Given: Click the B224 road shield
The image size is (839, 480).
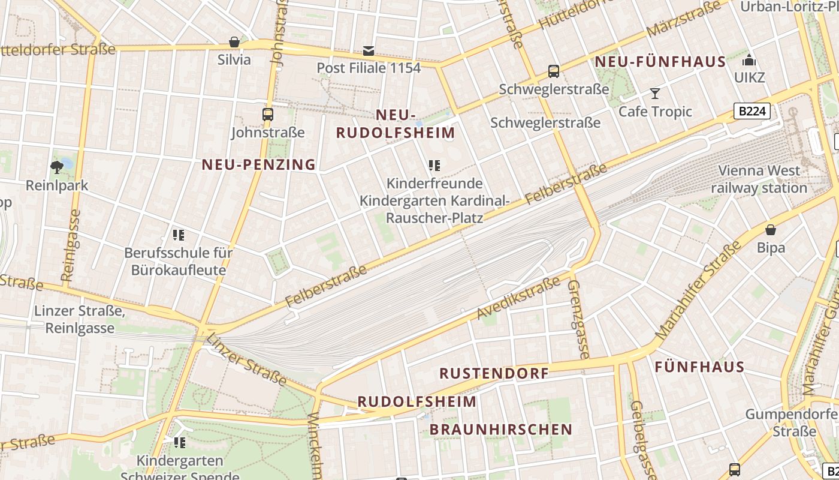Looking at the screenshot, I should pyautogui.click(x=752, y=111).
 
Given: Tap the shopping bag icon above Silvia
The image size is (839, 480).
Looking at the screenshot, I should pyautogui.click(x=234, y=42).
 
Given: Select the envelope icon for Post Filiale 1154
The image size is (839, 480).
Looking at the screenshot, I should pyautogui.click(x=369, y=51).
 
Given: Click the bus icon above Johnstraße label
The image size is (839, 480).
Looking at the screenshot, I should pyautogui.click(x=268, y=114).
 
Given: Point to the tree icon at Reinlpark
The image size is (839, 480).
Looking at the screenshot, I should pyautogui.click(x=58, y=167).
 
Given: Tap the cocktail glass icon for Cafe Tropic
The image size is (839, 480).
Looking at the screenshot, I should pyautogui.click(x=655, y=94).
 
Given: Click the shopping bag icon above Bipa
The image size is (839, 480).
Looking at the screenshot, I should pyautogui.click(x=771, y=230).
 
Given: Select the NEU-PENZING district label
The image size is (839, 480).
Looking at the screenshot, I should pyautogui.click(x=258, y=164).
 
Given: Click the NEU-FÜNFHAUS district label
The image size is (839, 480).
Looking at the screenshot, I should pyautogui.click(x=660, y=62).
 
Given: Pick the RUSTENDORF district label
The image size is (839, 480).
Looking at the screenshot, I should pyautogui.click(x=494, y=373).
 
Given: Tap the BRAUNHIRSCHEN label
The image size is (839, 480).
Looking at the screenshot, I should pyautogui.click(x=501, y=430).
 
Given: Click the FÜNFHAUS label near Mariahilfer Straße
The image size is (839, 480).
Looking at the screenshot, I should pyautogui.click(x=699, y=367).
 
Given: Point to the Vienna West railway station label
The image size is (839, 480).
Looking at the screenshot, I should pyautogui.click(x=759, y=179).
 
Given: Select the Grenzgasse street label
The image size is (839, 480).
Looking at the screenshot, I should pyautogui.click(x=578, y=318).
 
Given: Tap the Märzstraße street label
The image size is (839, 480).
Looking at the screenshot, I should pyautogui.click(x=683, y=19).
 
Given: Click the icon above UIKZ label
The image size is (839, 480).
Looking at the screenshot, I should pyautogui.click(x=749, y=61).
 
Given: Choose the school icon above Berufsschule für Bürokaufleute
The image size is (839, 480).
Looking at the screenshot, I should pyautogui.click(x=178, y=235).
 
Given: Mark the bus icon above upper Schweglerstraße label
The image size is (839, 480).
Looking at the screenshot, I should pyautogui.click(x=554, y=71).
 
